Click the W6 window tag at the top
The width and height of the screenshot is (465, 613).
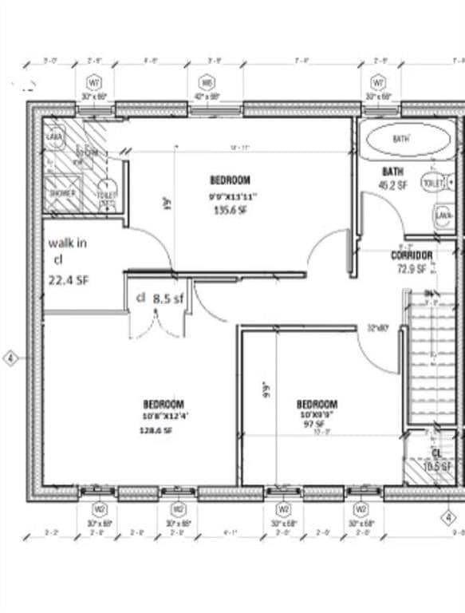[x=207, y=83]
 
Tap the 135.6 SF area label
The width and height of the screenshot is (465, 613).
[x=231, y=211]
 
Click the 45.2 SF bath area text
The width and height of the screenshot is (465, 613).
[x=393, y=186]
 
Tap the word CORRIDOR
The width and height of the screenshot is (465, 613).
[x=412, y=255]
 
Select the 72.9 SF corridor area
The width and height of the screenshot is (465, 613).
[x=412, y=269]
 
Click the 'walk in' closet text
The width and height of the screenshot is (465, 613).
[x=68, y=242]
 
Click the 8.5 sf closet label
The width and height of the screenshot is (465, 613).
[x=168, y=298]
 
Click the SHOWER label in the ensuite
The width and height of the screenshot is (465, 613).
[x=62, y=194]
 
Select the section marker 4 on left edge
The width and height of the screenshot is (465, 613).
[x=10, y=358]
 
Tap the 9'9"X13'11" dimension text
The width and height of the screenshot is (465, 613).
[x=231, y=196]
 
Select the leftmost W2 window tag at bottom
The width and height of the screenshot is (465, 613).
[x=100, y=508]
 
